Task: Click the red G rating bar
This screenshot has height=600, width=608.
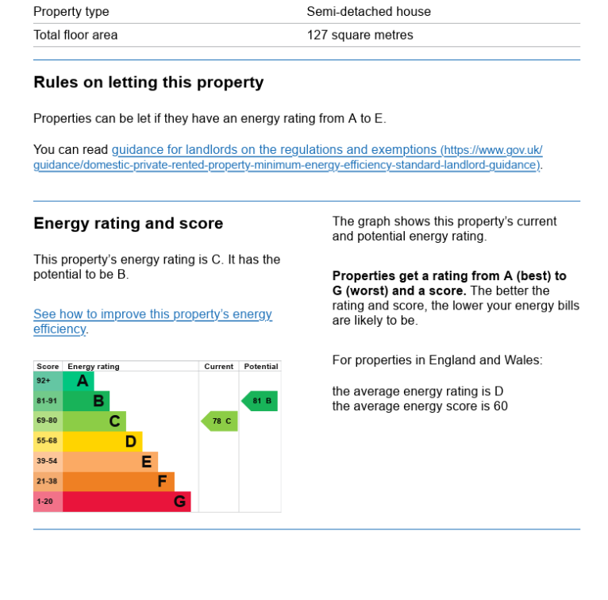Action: pos(126,502)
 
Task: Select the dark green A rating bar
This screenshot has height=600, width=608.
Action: pos(78,381)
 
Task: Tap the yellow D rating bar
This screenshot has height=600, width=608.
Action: pos(102,441)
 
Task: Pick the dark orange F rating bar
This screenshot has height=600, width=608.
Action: pos(117,482)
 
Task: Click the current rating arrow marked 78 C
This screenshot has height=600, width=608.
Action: pos(220,421)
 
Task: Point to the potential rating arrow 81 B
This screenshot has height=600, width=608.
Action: pos(260,401)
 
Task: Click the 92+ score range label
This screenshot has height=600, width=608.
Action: pos(44,381)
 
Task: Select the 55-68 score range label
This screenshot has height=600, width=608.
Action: pos(47,441)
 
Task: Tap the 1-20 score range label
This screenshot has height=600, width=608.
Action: pos(44,502)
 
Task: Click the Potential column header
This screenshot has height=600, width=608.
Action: pos(261,367)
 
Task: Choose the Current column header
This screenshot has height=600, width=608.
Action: pos(218,367)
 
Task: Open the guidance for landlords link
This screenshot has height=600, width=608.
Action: pos(275,150)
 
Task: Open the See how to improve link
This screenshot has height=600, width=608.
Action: pos(152,314)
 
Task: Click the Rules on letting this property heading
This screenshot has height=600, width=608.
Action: pos(148,83)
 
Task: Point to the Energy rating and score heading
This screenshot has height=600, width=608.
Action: pos(129,224)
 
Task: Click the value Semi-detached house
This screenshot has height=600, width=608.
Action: pos(368,12)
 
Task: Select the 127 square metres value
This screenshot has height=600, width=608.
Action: pos(360,35)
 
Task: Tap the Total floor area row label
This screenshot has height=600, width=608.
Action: pos(75,35)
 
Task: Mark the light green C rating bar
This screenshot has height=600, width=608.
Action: pos(94,421)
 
